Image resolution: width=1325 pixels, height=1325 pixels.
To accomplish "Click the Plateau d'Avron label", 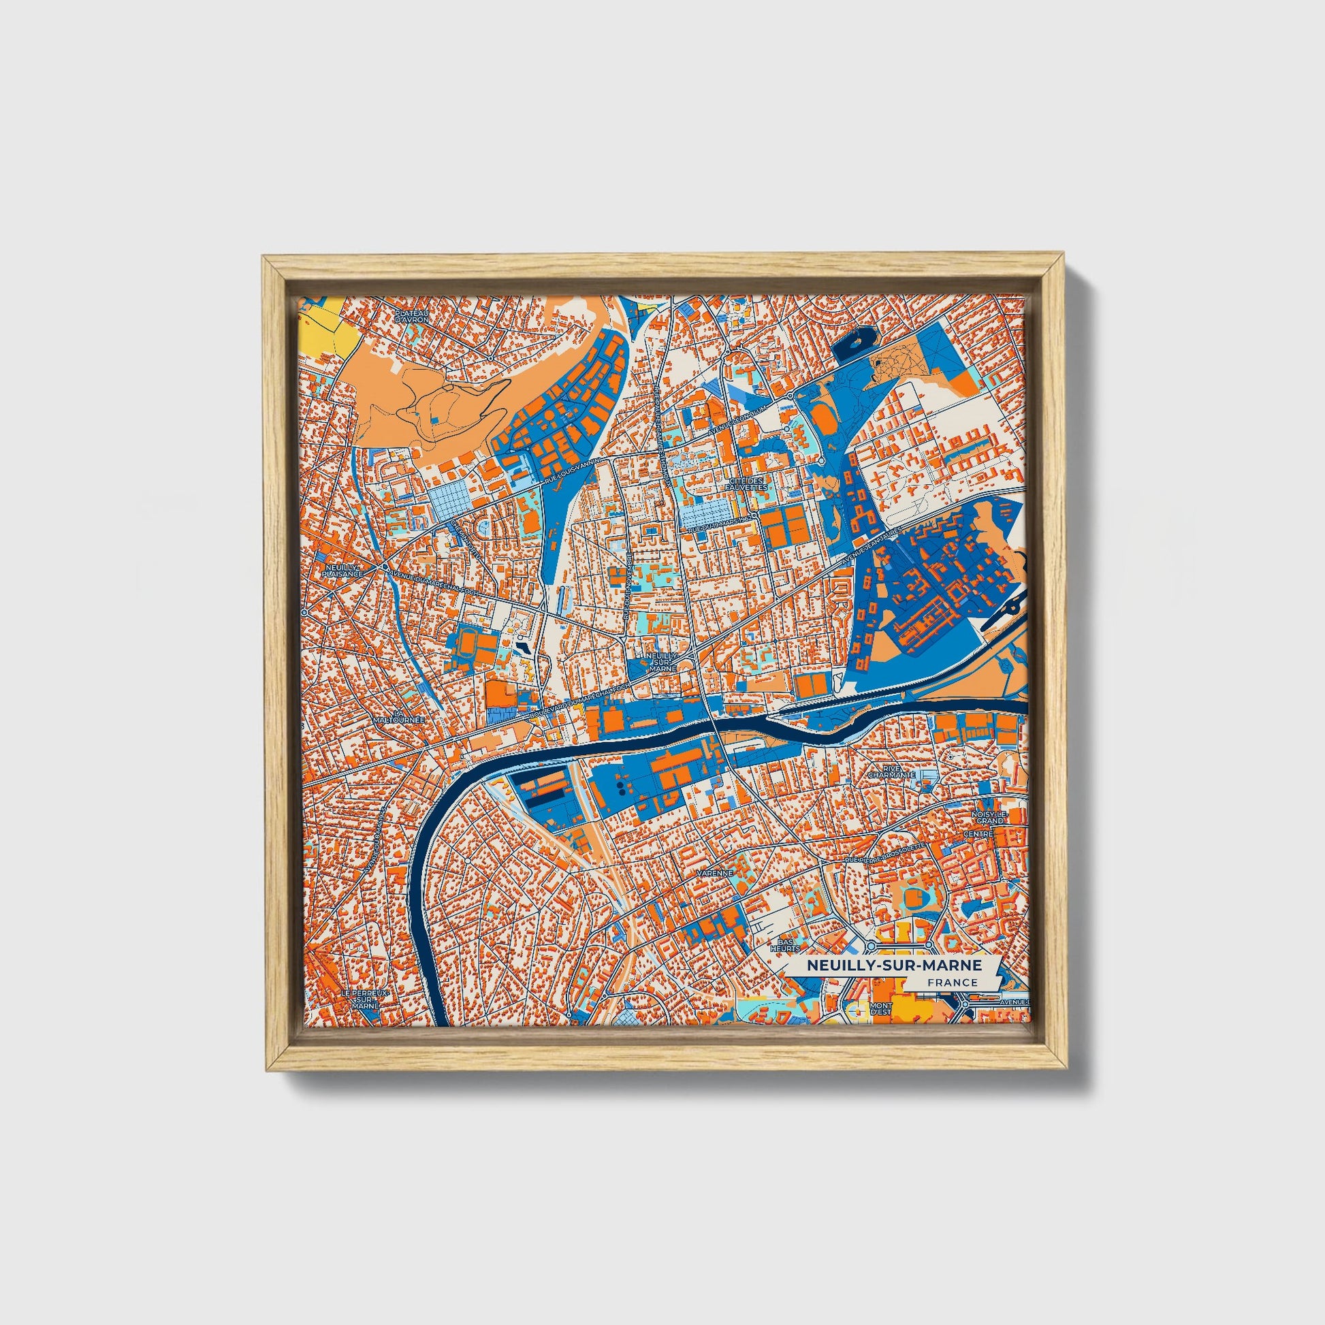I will point(411,316).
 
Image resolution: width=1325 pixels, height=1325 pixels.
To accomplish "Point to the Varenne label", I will point(716,873).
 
